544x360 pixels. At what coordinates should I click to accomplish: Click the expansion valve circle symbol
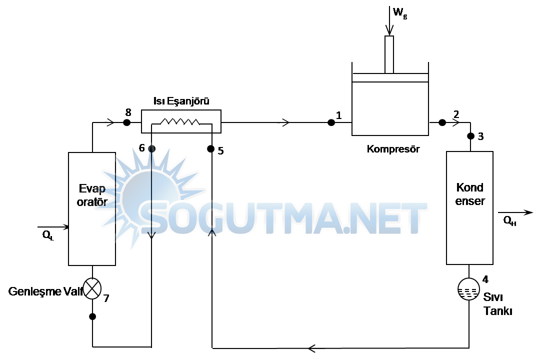tap(92, 288)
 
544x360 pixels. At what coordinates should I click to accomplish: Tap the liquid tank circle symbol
tap(468, 289)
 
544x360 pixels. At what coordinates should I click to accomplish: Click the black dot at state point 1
tap(331, 122)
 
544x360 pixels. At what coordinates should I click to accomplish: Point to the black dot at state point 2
tap(442, 122)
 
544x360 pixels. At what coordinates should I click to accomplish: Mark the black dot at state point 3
tap(470, 136)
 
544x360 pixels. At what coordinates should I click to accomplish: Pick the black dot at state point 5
tap(210, 148)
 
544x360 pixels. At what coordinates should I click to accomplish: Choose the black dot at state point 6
tap(151, 148)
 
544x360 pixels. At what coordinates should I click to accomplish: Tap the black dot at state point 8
tap(127, 122)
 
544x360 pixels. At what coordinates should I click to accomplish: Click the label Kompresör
tap(393, 149)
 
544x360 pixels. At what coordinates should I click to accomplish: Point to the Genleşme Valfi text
tap(45, 291)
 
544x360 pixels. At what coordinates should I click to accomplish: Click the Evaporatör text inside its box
tap(92, 195)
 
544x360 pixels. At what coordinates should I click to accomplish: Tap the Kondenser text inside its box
tap(470, 194)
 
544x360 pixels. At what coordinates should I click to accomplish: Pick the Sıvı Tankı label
tap(497, 303)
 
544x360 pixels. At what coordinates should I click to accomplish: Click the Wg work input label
tap(400, 13)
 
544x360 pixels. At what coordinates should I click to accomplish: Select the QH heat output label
tap(509, 220)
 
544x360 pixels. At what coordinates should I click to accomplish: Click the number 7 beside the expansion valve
tap(106, 298)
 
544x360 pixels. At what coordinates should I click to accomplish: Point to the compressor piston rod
tap(389, 54)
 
